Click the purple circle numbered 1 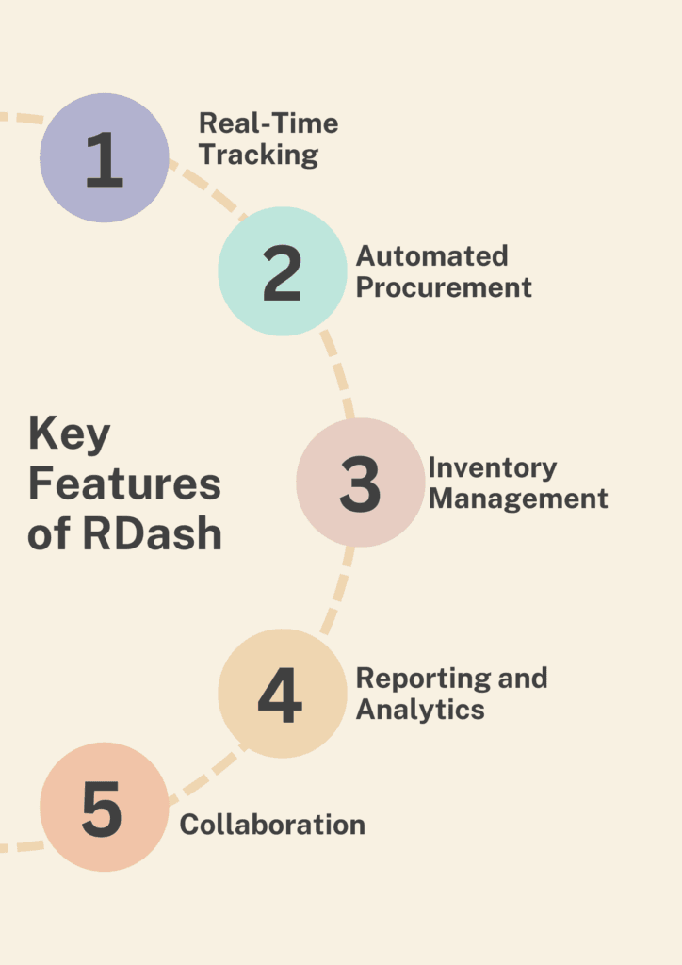104,157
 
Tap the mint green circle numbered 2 283,271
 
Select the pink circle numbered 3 360,482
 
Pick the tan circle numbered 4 282,694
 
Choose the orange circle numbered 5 104,807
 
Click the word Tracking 258,154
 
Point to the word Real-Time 268,123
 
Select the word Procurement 444,286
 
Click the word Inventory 492,467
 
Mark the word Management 517,498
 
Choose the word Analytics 419,709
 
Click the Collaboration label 272,825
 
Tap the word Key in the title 69,436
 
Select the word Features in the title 123,484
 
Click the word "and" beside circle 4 524,678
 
